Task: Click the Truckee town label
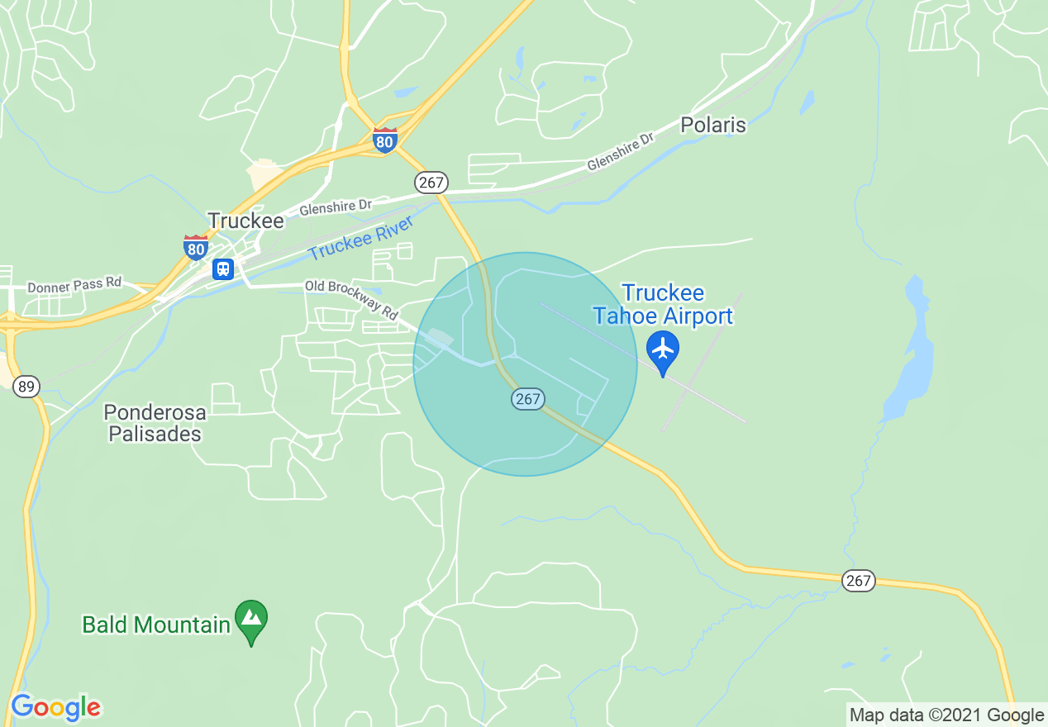coord(245,221)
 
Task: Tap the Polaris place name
coord(712,126)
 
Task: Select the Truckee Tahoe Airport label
coord(663,304)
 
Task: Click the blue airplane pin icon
coord(663,349)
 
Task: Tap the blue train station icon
coord(222,269)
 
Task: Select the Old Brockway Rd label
coord(351,298)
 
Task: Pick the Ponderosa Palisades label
coord(155,422)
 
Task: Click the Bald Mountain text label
coord(156,625)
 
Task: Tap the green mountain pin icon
coord(251,618)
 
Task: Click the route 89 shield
coord(26,387)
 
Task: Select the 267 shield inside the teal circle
coord(527,400)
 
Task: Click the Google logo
coord(55,707)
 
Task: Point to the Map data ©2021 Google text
coord(947,715)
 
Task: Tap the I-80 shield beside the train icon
coord(196,247)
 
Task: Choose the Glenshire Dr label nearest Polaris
coord(620,151)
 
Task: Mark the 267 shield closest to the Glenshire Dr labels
coord(431,183)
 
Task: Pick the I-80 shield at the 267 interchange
coord(384,139)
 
